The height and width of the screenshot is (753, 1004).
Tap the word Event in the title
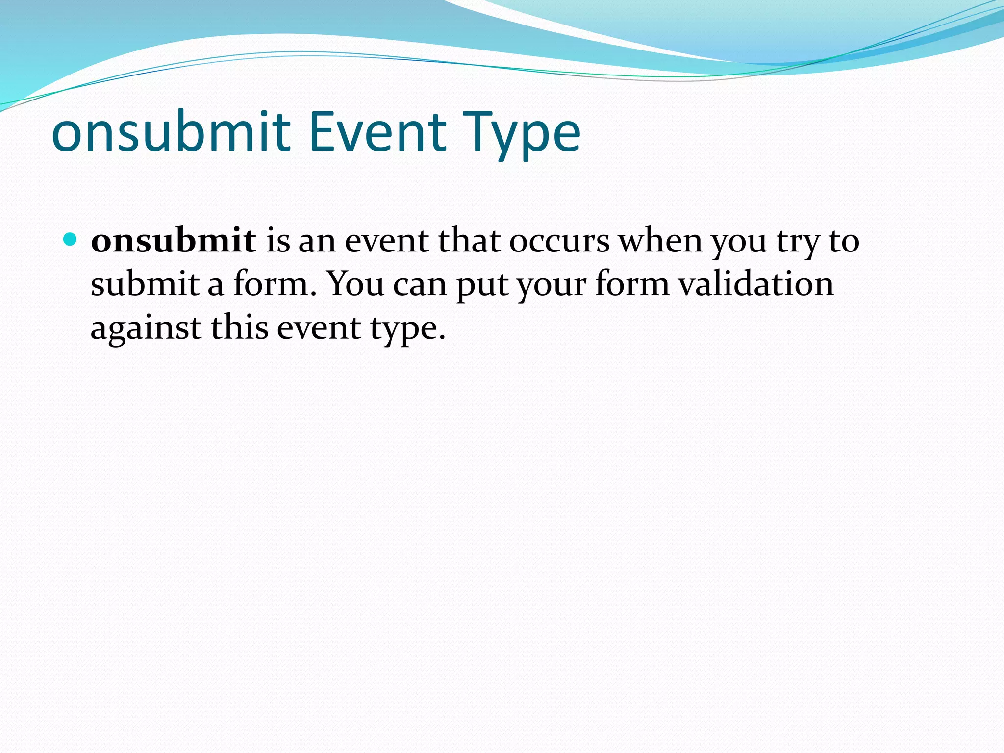coord(377,132)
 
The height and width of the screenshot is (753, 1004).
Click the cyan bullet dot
coord(71,240)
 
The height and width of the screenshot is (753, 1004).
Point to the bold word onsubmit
coord(173,241)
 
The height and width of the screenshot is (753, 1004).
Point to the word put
coord(482,286)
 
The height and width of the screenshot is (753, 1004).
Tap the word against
coord(146,328)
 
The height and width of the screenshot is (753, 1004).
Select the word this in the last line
coord(240,327)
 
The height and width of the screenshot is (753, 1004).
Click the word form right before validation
coord(632,284)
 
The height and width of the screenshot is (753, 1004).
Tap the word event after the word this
coord(319,327)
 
